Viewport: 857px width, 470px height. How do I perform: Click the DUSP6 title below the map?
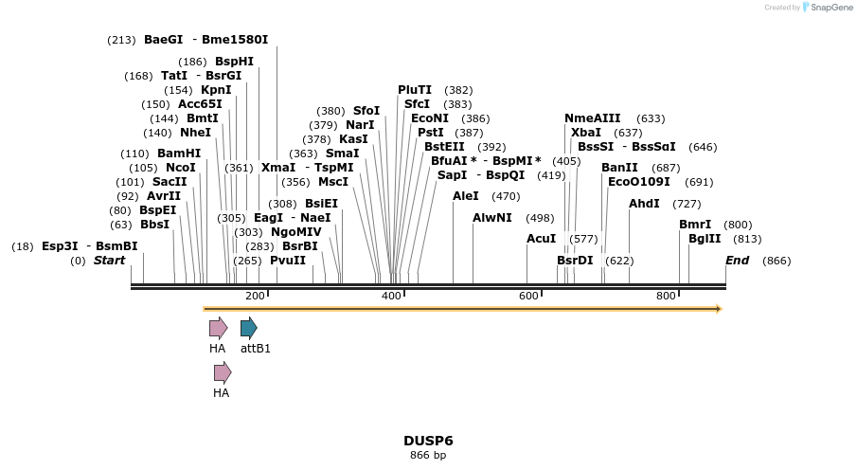pos(428,441)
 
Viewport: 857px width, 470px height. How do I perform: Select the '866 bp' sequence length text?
pos(428,456)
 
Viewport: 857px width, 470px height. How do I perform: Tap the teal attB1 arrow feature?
pos(249,329)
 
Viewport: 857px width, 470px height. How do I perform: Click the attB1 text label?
pos(255,349)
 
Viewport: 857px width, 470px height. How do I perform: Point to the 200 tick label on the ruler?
pos(255,297)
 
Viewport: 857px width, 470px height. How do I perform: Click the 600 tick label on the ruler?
pos(528,297)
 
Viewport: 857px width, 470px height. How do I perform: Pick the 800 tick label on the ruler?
pos(666,297)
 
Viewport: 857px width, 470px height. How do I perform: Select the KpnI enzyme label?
pos(216,90)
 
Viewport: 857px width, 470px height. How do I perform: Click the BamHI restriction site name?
pos(179,154)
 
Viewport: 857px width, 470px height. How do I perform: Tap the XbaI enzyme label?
pos(586,133)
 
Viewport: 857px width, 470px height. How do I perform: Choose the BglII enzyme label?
pos(705,239)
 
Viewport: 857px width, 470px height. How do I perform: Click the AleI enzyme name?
pos(466,196)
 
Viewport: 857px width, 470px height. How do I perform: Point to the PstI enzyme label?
pos(431,133)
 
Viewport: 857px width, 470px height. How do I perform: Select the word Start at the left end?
pos(109,261)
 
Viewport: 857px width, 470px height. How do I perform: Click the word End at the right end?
pos(737,261)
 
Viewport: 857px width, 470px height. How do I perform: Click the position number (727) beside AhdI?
pos(687,204)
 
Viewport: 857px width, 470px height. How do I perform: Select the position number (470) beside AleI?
pos(506,196)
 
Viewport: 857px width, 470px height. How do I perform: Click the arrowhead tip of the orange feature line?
pos(720,309)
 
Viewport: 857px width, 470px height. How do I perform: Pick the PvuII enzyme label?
pos(288,261)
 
